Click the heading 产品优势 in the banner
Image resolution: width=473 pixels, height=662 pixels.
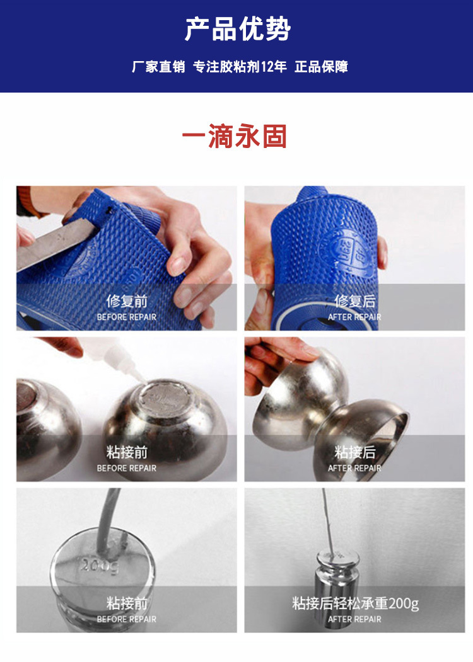click(x=237, y=29)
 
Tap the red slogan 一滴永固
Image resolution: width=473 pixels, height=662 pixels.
click(x=235, y=136)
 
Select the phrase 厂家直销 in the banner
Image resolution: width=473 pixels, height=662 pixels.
click(x=158, y=66)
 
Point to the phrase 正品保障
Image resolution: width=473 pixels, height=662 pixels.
click(x=321, y=66)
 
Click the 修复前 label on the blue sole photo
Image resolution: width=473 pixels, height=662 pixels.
click(x=127, y=301)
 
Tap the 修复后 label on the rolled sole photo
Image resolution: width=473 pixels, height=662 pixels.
click(x=354, y=301)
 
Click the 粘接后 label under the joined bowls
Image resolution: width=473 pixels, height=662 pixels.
click(x=354, y=452)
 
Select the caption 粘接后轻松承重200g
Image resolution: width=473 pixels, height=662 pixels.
click(x=355, y=603)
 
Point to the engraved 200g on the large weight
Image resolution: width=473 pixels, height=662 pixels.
click(x=100, y=566)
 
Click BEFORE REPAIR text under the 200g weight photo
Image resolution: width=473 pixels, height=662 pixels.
click(x=127, y=619)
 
